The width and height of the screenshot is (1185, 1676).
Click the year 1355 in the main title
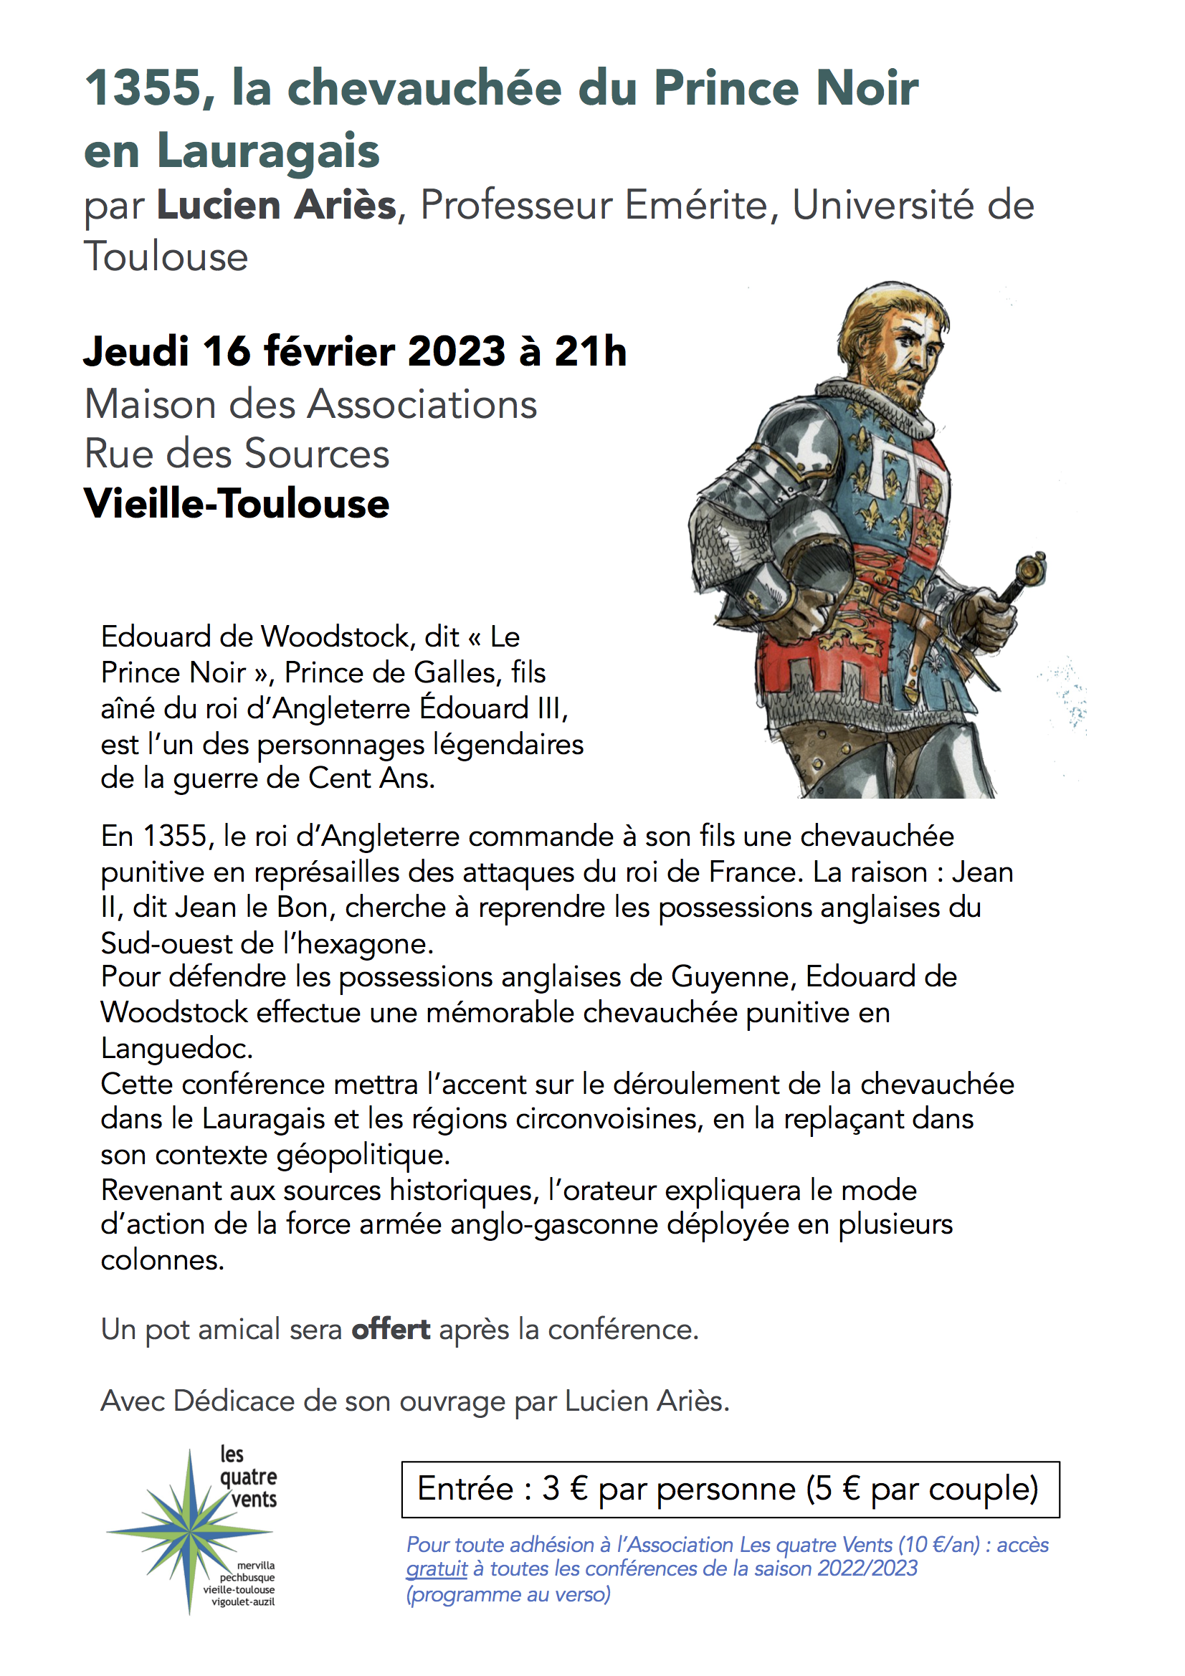coord(143,88)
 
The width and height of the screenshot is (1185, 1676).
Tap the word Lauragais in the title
coord(268,151)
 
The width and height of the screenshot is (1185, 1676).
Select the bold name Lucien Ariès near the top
coord(276,205)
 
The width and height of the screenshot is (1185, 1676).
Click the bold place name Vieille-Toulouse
coord(237,504)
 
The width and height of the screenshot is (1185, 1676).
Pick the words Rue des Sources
coord(237,454)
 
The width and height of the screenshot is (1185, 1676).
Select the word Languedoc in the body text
coord(176,1048)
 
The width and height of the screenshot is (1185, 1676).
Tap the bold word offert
coord(391,1329)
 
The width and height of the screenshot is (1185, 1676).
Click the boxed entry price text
coord(727,1488)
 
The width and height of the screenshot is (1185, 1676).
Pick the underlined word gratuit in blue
coord(436,1568)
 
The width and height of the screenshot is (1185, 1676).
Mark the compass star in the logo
coord(190,1529)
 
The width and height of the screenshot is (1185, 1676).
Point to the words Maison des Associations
coord(310,404)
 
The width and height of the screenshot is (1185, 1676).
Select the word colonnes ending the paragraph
coord(161,1260)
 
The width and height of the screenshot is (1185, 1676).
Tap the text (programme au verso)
coord(508,1594)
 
